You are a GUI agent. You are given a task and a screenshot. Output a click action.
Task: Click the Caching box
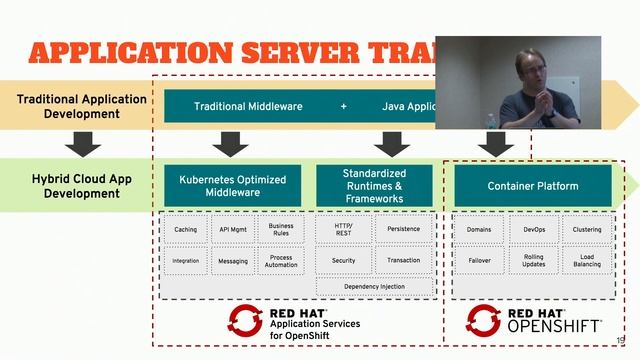tap(186, 230)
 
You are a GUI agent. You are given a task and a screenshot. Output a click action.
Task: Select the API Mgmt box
tap(233, 230)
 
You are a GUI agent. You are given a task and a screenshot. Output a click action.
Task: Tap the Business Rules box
tap(281, 230)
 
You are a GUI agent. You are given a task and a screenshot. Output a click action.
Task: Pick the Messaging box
tap(233, 261)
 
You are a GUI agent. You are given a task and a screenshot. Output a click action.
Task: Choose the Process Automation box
tap(281, 261)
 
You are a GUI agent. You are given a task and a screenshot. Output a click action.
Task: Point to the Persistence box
tap(404, 230)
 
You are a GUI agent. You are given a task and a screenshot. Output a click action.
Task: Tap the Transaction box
tap(404, 260)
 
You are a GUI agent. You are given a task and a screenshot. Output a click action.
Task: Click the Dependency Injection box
tap(374, 287)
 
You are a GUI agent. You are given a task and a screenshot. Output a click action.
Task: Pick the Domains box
tap(478, 230)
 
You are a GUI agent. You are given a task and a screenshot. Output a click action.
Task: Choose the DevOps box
tap(533, 230)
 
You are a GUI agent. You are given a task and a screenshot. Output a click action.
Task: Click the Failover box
tap(478, 260)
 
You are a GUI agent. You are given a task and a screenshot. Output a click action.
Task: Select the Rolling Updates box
tap(533, 260)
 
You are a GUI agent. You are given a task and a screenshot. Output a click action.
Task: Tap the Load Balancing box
tap(587, 260)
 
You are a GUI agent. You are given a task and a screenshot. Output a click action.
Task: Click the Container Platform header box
tap(533, 186)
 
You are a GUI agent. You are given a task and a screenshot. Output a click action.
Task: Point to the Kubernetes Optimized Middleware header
tap(233, 186)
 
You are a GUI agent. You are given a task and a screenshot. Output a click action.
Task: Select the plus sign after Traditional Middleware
tap(343, 106)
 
